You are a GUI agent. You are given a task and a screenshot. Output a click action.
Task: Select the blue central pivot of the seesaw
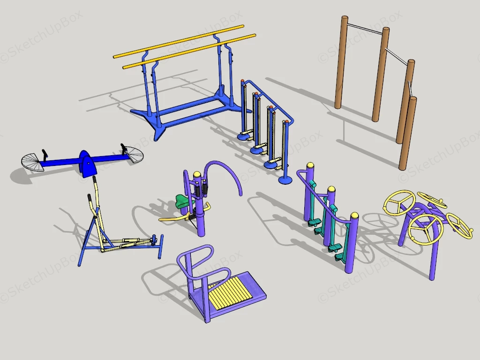[87, 163]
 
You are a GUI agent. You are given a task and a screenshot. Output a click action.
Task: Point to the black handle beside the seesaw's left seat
[45, 154]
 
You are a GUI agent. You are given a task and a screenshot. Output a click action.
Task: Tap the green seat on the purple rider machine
[183, 202]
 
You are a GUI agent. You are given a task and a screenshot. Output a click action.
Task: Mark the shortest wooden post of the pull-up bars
[408, 134]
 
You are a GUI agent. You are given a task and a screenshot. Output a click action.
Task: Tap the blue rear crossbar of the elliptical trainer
[161, 247]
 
